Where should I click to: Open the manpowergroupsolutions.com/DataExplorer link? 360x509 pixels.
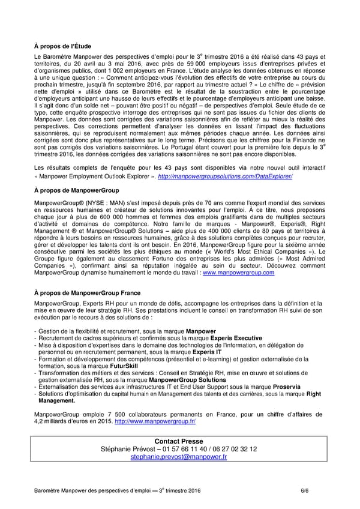pyautogui.click(x=225, y=176)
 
